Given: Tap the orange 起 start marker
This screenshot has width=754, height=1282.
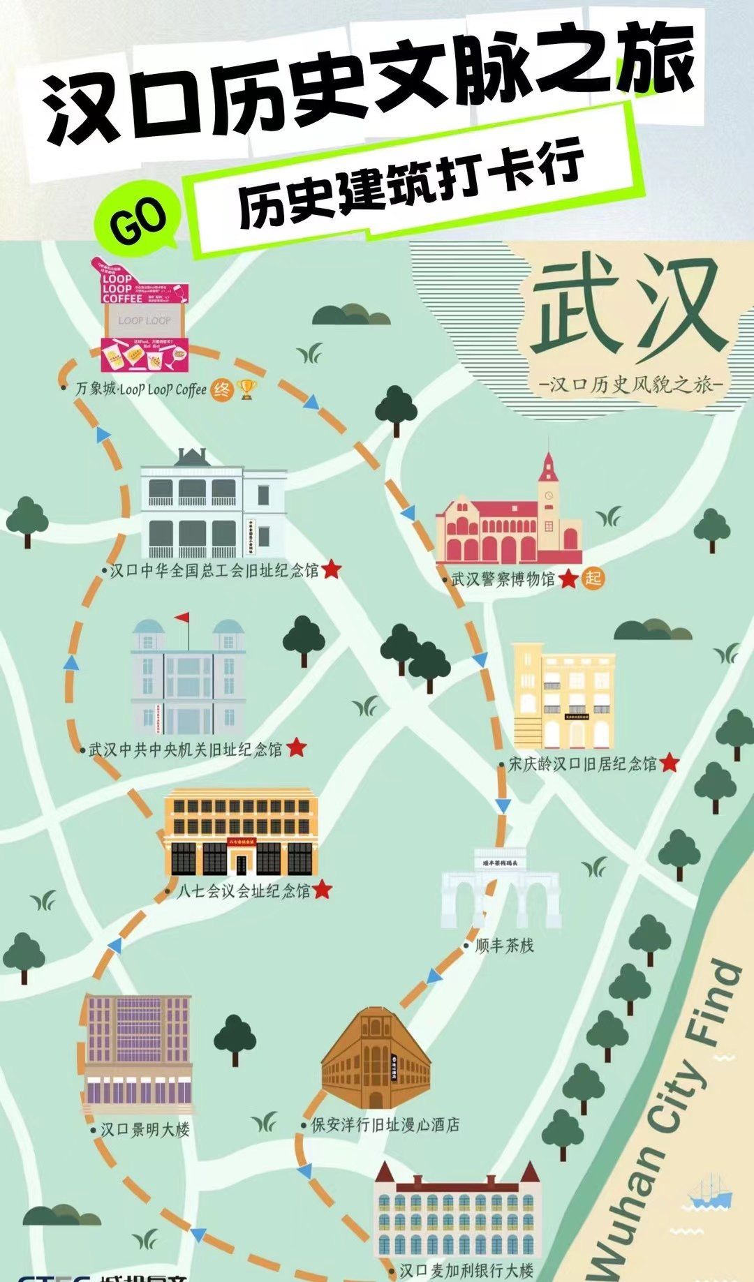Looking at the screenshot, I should tap(593, 579).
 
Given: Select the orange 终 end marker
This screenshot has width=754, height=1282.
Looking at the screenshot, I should tap(221, 389).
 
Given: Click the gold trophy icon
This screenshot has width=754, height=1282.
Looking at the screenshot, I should tap(246, 389).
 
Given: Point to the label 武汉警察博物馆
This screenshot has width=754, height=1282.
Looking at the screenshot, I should tap(503, 579).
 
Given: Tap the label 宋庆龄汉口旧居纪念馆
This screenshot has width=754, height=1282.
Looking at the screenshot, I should tap(582, 763).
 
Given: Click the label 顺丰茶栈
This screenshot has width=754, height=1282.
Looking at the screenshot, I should tap(504, 946).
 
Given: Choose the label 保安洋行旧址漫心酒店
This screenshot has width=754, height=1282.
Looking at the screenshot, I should tap(385, 1124).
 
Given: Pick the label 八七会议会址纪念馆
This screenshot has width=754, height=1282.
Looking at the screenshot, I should tap(243, 891).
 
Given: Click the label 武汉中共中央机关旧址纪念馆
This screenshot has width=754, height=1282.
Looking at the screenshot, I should tap(186, 750).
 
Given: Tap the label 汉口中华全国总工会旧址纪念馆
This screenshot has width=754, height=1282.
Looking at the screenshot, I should tap(214, 571).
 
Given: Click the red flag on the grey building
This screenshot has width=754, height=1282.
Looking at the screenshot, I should tap(183, 618).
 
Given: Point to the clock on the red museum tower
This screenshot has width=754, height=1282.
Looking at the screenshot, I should tap(549, 496).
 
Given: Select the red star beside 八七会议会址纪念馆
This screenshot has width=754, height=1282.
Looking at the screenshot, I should tap(322, 890).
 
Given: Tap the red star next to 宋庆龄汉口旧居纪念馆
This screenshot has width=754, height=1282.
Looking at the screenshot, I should tap(669, 763).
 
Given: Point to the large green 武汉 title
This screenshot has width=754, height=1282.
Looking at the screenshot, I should tap(626, 307).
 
